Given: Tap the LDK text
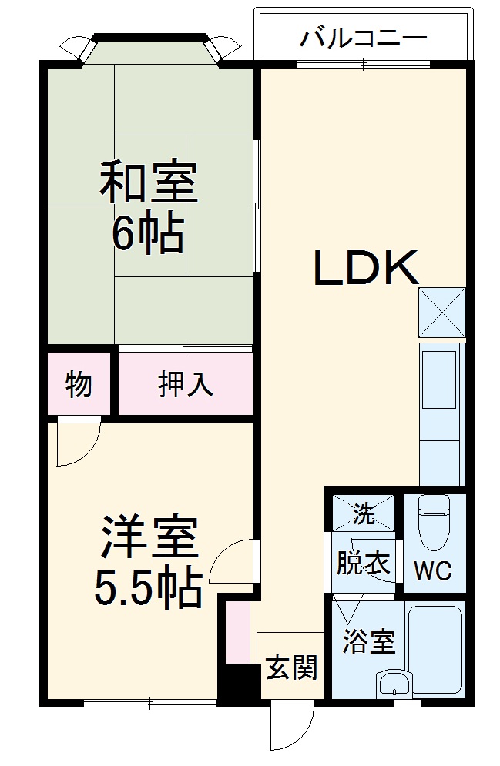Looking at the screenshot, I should click(x=364, y=269).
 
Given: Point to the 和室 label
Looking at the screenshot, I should click(x=149, y=181).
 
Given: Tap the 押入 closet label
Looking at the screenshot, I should click(x=185, y=384).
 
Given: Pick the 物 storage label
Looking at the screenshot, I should click(x=79, y=383).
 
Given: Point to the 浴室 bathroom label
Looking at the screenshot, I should click(x=369, y=641).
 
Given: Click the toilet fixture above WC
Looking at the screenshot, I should click(x=433, y=520).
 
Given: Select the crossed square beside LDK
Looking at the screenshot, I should click(x=442, y=312).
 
